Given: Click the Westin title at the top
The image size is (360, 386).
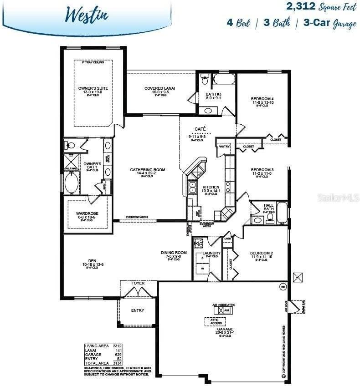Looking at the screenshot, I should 86,14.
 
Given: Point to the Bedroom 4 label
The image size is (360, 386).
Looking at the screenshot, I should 262,99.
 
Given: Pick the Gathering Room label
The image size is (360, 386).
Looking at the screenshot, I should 147,170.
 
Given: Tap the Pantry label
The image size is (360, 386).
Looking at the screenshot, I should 224,147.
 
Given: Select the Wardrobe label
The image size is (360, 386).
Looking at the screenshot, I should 87,213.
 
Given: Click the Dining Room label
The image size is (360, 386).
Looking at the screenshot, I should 174,253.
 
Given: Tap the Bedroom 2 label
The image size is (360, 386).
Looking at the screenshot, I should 261,253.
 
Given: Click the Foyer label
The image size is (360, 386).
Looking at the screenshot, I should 138,283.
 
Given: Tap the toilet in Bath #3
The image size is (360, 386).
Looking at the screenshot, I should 205,81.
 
